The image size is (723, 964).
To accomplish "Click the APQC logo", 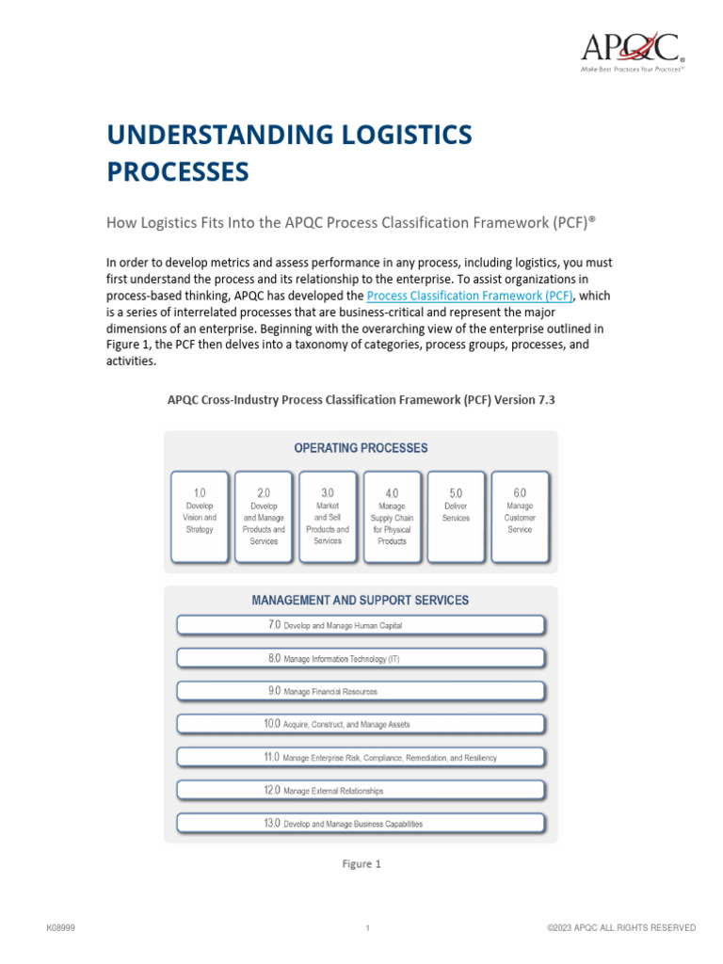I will [x=631, y=49].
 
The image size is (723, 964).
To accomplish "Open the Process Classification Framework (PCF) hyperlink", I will [x=468, y=296].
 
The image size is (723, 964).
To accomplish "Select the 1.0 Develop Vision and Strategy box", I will [x=200, y=517].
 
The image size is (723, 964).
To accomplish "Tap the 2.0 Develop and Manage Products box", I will [x=264, y=517].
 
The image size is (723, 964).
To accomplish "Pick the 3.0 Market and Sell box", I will [x=328, y=517].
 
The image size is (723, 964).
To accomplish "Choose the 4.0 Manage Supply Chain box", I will [x=392, y=517].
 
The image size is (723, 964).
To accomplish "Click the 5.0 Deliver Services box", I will [x=456, y=517].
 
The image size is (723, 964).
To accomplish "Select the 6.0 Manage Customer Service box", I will [x=520, y=517].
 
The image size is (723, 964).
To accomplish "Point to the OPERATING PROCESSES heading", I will [x=361, y=448].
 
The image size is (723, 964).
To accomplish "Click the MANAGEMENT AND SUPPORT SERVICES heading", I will [x=361, y=600].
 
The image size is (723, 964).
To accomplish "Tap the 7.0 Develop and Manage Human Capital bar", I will [x=361, y=625].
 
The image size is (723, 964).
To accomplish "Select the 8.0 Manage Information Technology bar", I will [x=361, y=658].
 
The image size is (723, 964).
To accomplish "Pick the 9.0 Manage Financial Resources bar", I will [x=361, y=691].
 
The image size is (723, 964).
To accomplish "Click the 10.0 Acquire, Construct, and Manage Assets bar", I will [x=361, y=724].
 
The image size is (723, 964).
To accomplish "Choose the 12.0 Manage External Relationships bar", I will [x=361, y=790].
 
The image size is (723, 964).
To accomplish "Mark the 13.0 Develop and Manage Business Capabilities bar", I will [x=361, y=823].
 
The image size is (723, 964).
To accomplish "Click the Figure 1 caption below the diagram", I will [x=361, y=864].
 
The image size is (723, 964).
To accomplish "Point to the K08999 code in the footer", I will [x=61, y=928].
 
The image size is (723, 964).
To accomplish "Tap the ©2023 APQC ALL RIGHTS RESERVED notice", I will [x=621, y=928].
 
